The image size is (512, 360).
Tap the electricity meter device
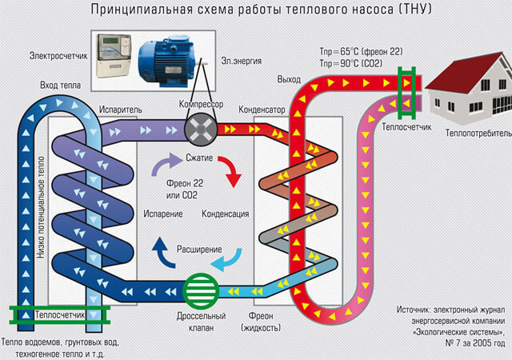pos(113,56)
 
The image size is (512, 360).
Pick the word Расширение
pos(199,250)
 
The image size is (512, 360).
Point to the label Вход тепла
pos(60,83)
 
